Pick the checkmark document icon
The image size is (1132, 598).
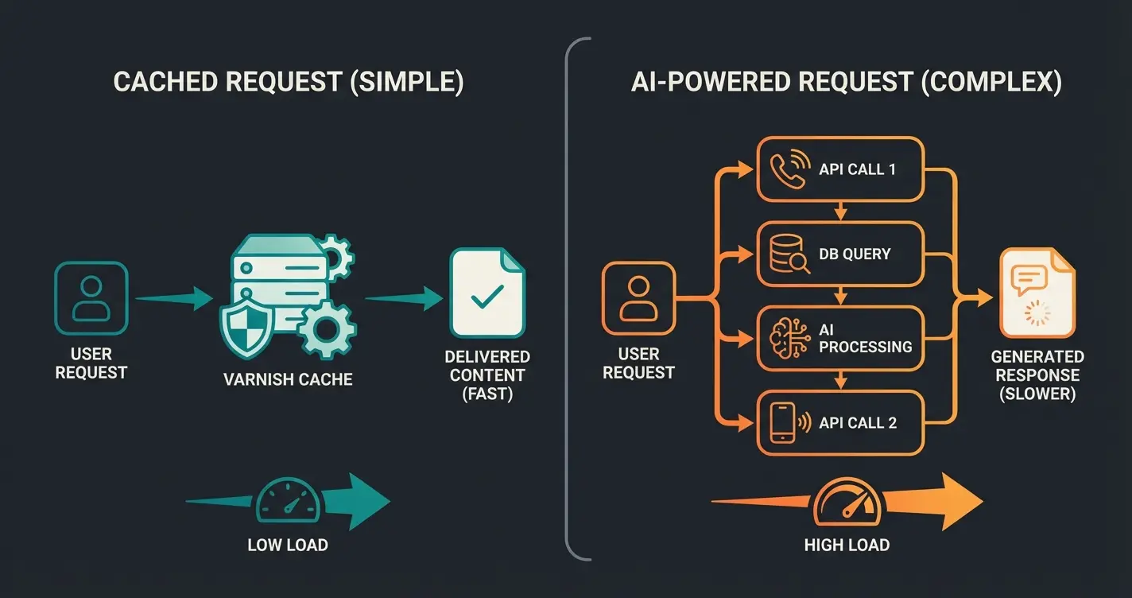(487, 293)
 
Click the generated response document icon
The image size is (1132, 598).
(1036, 293)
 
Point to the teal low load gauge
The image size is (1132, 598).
(287, 500)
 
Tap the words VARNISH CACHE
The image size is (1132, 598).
(288, 379)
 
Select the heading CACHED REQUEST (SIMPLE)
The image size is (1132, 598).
(288, 83)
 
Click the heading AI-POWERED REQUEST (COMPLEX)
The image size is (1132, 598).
(846, 83)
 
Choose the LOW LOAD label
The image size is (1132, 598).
(288, 545)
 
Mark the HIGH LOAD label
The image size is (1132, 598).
(847, 545)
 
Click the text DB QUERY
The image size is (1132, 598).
(855, 254)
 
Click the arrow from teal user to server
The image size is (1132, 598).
(174, 299)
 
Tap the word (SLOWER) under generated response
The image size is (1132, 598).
(1037, 394)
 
